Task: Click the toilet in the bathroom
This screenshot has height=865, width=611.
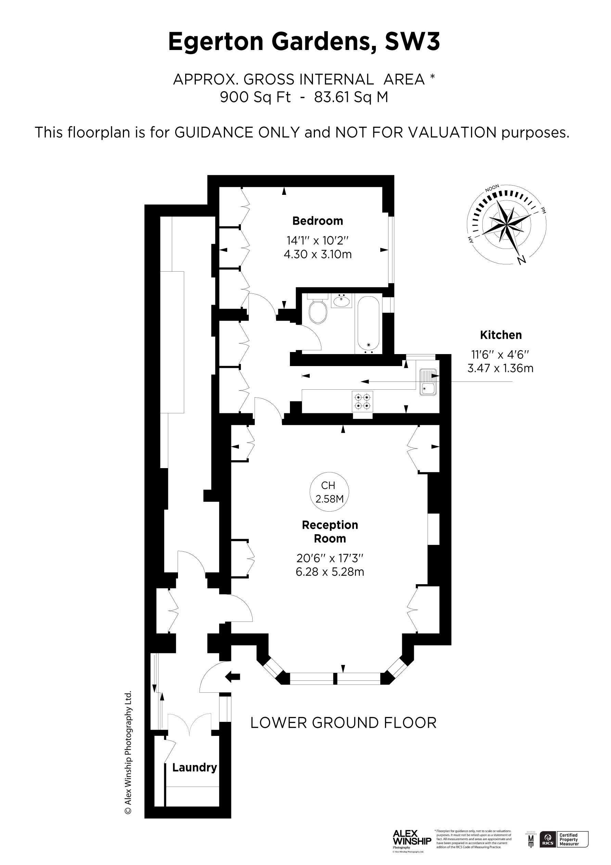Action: pos(318,311)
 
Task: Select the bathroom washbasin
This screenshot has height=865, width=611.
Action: pos(342,301)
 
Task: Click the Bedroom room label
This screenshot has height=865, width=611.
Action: pos(318,221)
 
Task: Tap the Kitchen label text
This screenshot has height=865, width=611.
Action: pos(501,335)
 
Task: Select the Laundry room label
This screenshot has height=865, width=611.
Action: pos(194,767)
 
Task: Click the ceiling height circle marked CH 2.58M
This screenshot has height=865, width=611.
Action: pos(329,492)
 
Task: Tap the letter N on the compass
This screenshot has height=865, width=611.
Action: pos(521,260)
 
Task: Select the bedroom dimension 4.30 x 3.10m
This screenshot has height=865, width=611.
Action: pos(318,254)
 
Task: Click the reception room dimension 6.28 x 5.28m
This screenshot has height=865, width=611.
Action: pos(330,572)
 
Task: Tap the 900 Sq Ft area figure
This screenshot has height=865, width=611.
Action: pos(255,97)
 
